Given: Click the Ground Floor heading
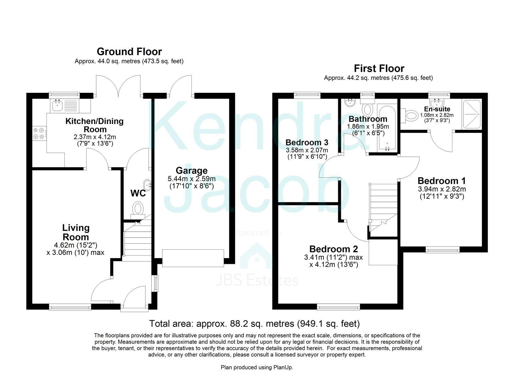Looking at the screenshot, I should [x=129, y=52].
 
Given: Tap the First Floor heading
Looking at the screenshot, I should [x=379, y=68].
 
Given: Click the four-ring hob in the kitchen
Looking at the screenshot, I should [x=38, y=133].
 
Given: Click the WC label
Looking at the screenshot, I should [x=138, y=193].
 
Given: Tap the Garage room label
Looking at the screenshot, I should [x=191, y=170].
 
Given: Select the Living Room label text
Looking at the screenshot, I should [x=75, y=232].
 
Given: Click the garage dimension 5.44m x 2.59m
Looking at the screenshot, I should [x=191, y=179].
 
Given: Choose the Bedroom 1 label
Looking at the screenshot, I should [x=441, y=181].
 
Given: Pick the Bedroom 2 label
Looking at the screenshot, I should [x=333, y=249].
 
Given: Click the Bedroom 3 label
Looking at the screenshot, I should [x=307, y=142].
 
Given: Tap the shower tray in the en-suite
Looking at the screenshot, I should [x=471, y=107].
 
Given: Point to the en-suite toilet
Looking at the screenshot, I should [x=409, y=115].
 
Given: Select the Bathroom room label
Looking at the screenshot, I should [x=368, y=119].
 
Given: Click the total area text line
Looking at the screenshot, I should [x=254, y=323].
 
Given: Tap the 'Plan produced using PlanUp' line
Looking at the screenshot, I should [x=257, y=367].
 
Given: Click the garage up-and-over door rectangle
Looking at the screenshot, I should [x=193, y=258].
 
